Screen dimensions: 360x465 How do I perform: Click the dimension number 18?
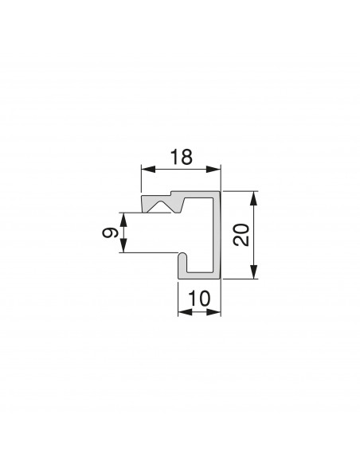(182, 157)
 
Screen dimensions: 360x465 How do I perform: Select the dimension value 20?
(241, 235)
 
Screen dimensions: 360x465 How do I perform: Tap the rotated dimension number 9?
(110, 232)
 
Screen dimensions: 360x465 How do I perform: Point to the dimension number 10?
(199, 299)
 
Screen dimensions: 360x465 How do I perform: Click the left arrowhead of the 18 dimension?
(148, 170)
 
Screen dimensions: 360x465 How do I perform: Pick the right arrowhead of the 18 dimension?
(213, 170)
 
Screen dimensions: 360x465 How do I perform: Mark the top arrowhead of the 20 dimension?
(253, 198)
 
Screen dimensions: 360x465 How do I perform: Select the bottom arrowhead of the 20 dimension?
(253, 272)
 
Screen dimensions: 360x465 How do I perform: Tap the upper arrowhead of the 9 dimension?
(123, 220)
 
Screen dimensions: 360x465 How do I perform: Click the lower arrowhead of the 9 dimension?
(123, 245)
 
